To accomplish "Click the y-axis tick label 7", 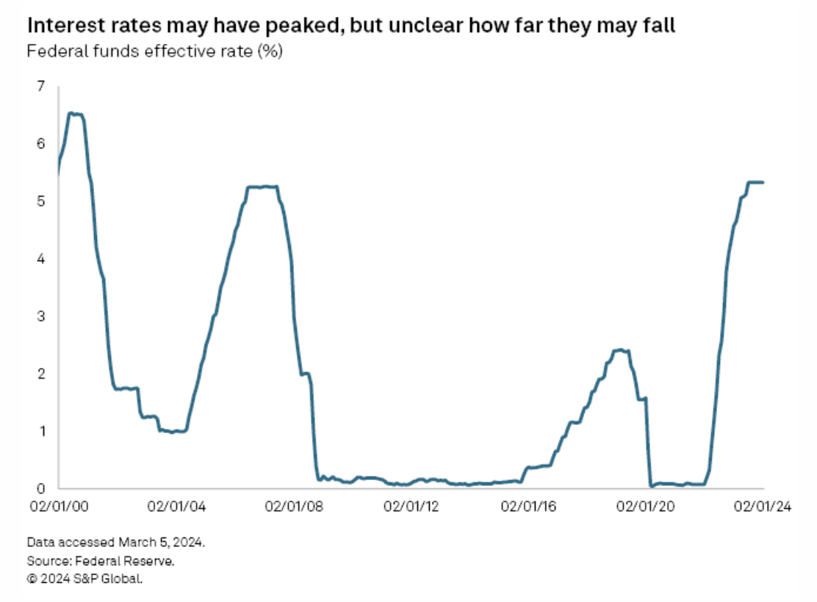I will click(40, 87).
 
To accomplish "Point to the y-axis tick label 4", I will click(40, 259).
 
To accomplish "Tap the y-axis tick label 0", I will click(40, 488).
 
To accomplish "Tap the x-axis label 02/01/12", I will click(410, 507).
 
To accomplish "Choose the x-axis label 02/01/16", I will click(528, 507).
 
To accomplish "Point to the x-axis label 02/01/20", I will click(646, 507).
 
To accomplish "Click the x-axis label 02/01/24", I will click(763, 507).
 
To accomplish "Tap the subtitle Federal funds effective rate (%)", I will click(154, 52).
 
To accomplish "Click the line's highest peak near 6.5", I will click(73, 113).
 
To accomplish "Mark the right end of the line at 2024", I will click(763, 182).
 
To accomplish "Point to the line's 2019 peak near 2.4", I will click(621, 350).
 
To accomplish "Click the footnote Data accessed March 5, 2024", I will click(116, 544).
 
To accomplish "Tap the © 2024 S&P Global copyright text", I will click(84, 579).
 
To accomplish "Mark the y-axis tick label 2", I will click(40, 374).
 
